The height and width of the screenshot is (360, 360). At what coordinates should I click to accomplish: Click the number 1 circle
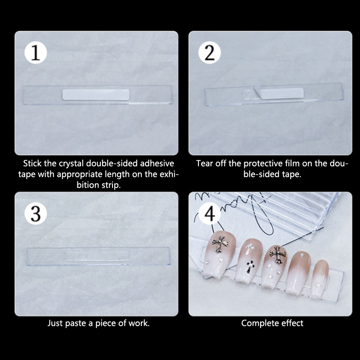[x=36, y=52]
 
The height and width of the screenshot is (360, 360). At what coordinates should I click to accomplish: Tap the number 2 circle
[x=209, y=52]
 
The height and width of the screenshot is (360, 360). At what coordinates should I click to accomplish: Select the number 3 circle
[x=36, y=213]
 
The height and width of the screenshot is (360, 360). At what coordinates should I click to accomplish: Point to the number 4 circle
[x=209, y=213]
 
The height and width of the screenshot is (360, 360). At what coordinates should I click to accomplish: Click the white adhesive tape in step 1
[x=96, y=94]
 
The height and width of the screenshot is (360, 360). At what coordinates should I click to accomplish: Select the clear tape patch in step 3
[x=97, y=256]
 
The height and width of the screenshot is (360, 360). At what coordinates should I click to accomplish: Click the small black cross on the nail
[x=250, y=266]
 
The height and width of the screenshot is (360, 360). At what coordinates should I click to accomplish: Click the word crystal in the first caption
[x=72, y=163]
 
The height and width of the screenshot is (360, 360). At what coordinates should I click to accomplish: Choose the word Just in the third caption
[x=55, y=323]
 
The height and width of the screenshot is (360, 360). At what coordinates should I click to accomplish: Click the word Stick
[x=32, y=163]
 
